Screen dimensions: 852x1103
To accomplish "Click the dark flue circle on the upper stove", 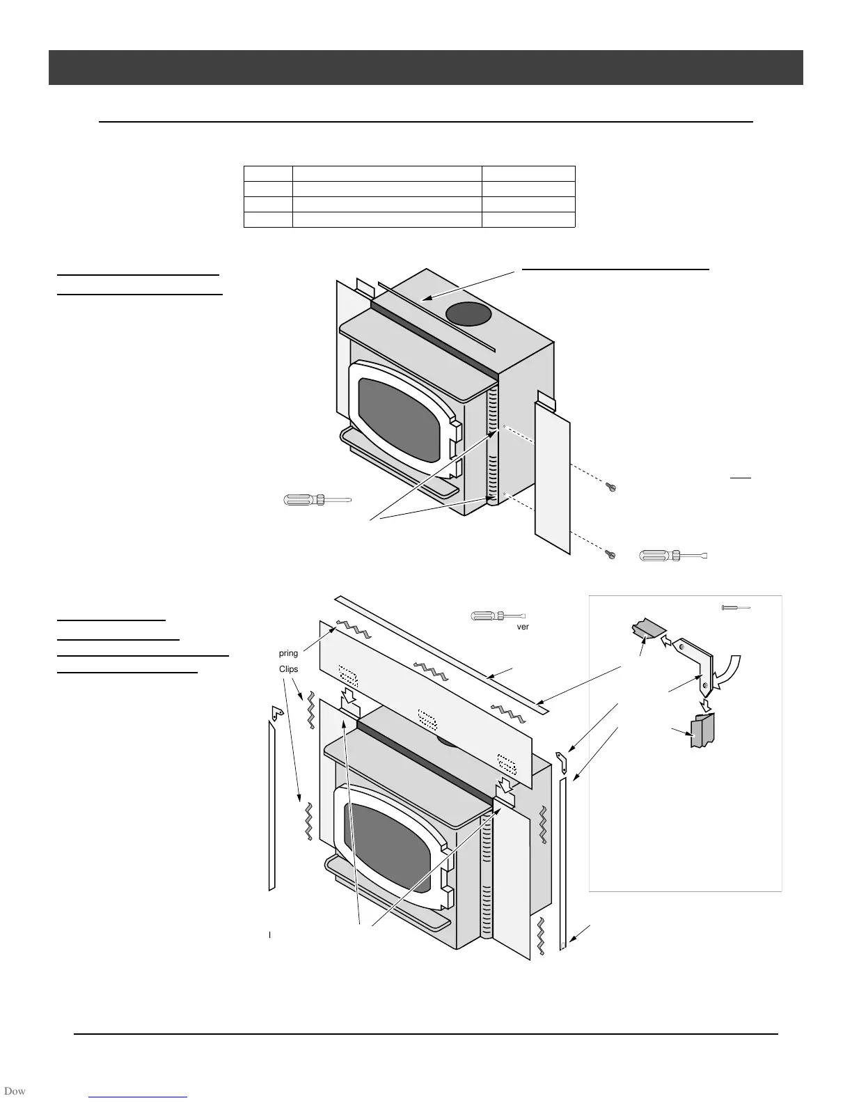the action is point(469,314).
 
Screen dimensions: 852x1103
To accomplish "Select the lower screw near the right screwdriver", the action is point(610,554).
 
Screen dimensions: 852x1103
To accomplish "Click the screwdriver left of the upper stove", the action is point(317,499).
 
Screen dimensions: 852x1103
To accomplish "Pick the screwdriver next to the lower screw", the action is point(673,556).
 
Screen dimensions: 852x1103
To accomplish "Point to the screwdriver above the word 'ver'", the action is point(498,616).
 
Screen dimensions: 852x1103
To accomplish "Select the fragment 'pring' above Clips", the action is point(288,653).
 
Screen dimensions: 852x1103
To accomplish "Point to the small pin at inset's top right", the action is point(735,608).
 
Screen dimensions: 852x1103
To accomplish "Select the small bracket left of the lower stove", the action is point(276,712).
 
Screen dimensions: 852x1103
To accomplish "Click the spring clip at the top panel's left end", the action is point(352,630).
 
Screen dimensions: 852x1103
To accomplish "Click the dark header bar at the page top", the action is point(425,68).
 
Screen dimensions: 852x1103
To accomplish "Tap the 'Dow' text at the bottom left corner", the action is point(14,1091).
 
